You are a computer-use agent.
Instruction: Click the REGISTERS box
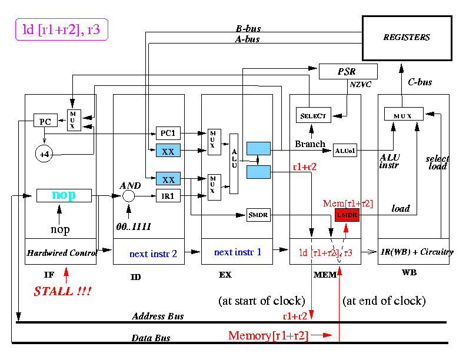tap(406, 38)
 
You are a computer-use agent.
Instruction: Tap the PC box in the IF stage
tap(45, 121)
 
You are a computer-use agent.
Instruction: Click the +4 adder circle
tap(44, 155)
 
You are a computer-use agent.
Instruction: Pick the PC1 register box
tap(168, 134)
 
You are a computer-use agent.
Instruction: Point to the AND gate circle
tap(128, 196)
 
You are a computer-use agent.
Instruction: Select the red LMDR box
tap(347, 215)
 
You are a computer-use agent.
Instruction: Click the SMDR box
tap(257, 215)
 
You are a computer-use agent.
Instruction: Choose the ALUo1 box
tap(345, 150)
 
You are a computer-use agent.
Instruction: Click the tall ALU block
tap(234, 163)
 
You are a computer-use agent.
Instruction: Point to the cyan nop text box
tap(64, 195)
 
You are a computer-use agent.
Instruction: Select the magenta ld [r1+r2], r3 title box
tap(61, 29)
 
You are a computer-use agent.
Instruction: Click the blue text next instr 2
tap(153, 254)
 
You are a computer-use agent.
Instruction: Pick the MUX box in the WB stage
tap(404, 114)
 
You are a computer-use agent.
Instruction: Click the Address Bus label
tap(158, 316)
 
